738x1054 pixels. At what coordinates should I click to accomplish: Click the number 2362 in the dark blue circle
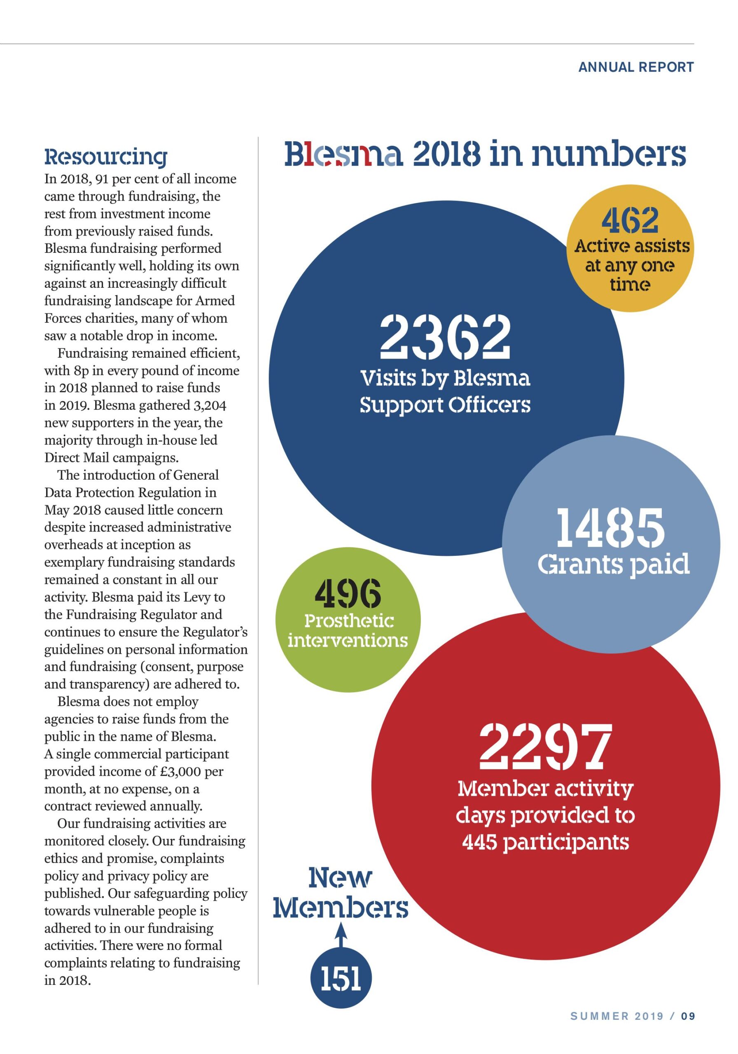445,336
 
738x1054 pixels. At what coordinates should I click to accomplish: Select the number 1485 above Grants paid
610,527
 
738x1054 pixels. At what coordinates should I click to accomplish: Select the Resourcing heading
106,157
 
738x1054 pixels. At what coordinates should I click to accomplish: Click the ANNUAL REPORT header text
635,67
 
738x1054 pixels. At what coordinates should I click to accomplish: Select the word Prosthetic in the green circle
349,621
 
